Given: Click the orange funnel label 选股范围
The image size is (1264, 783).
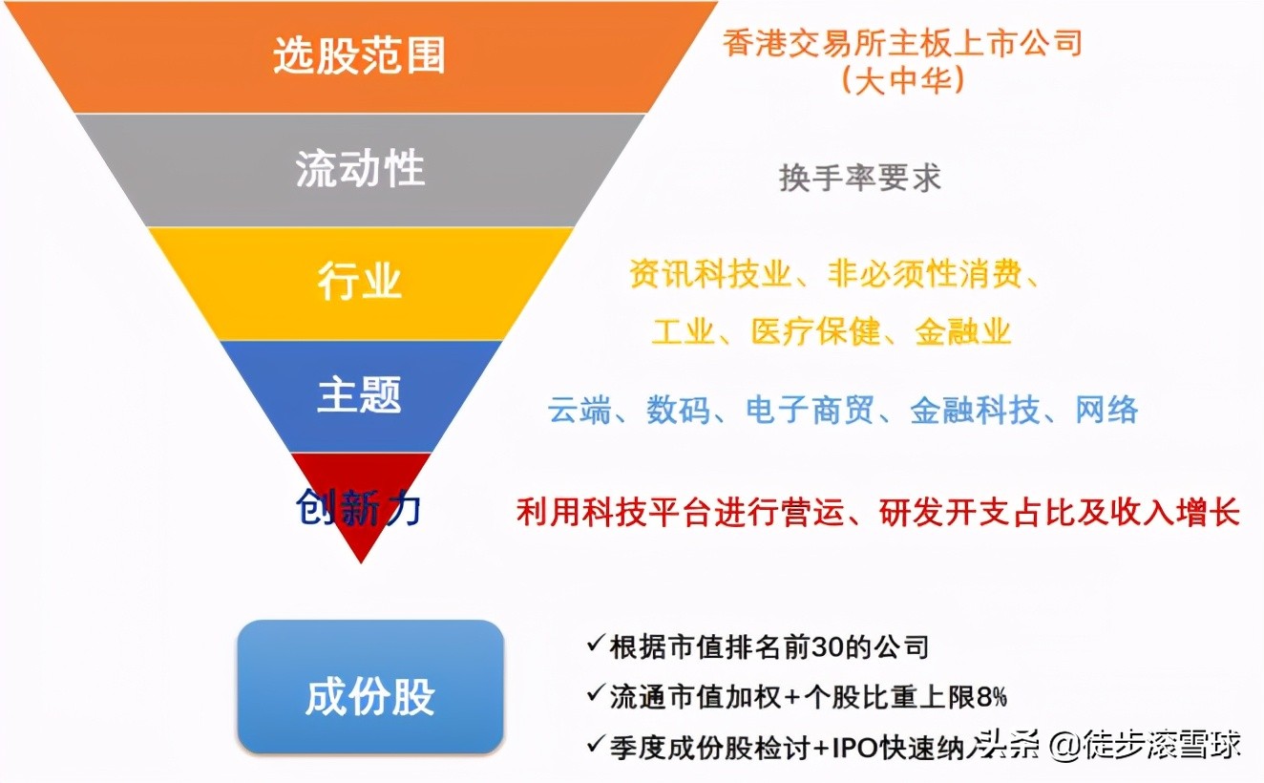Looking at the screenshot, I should (x=359, y=56).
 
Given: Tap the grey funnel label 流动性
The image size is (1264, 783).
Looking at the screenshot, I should (x=359, y=170).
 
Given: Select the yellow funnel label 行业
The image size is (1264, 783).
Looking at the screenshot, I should (x=359, y=283).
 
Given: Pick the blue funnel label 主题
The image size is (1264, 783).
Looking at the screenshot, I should (x=359, y=395).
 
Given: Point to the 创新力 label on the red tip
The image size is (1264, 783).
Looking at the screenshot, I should (x=358, y=509).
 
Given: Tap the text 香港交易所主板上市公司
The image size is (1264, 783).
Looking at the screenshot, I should (x=902, y=43).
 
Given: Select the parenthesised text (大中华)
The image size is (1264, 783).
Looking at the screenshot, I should (x=902, y=79).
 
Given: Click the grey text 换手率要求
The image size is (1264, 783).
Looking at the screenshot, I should (x=859, y=178).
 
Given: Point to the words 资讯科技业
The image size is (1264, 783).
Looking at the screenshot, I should (x=709, y=275).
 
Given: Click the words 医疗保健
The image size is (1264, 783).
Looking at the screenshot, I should (x=815, y=331).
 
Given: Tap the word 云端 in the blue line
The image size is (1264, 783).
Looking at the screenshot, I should (x=579, y=411).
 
